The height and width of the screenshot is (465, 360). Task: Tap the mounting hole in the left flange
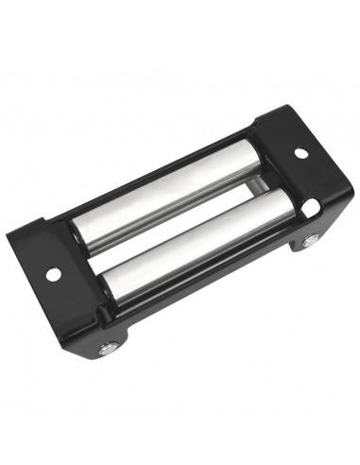coord(53,273)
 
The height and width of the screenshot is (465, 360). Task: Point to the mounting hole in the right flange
coord(300,152)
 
